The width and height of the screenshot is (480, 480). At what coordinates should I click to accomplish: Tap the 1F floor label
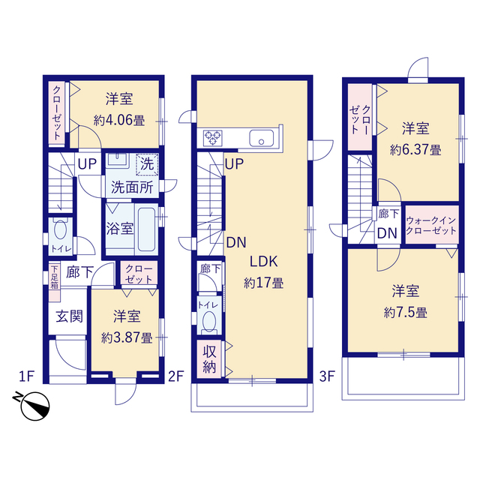(x=26, y=376)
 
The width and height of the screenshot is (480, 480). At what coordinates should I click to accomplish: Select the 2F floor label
(x=176, y=376)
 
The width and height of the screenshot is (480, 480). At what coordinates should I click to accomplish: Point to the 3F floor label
(x=327, y=376)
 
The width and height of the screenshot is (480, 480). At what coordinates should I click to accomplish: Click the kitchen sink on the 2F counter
(x=262, y=138)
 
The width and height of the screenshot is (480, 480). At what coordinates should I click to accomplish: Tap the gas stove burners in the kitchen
(x=213, y=138)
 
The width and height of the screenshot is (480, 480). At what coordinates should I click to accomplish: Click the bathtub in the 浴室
(x=146, y=229)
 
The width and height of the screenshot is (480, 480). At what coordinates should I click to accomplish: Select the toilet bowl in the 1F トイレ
(x=60, y=229)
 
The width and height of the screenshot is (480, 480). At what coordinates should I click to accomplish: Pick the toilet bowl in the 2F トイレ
(x=209, y=322)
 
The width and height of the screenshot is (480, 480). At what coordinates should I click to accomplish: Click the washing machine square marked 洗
(x=147, y=164)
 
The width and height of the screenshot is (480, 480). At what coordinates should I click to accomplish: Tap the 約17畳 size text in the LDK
(x=263, y=283)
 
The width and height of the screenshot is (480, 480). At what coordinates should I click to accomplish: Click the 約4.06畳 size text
(x=119, y=120)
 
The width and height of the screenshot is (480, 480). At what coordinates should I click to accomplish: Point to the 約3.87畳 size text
(x=127, y=337)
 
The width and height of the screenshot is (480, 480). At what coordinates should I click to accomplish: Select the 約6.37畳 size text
(x=415, y=150)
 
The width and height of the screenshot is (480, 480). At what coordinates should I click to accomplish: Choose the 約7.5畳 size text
(x=406, y=313)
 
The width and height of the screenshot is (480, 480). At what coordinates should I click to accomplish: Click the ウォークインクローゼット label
(x=431, y=225)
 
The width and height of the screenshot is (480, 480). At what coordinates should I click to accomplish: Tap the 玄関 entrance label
(x=70, y=316)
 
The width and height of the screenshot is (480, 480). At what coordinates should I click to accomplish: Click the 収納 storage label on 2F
(x=209, y=359)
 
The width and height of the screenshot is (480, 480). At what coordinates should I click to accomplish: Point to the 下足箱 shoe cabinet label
(x=54, y=277)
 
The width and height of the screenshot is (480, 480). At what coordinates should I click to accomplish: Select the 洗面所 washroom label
(x=132, y=187)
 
